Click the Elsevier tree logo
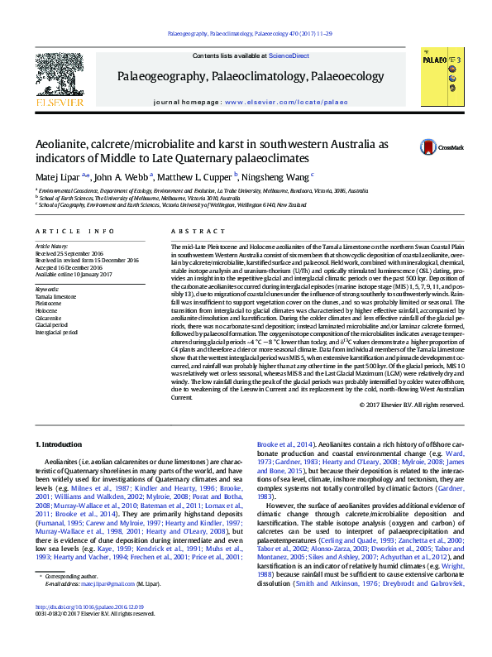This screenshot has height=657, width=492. click(58, 75)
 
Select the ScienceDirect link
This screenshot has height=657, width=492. click(290, 55)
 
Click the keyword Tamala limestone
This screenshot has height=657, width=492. click(55, 295)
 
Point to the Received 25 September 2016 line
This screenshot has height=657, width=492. click(69, 253)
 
